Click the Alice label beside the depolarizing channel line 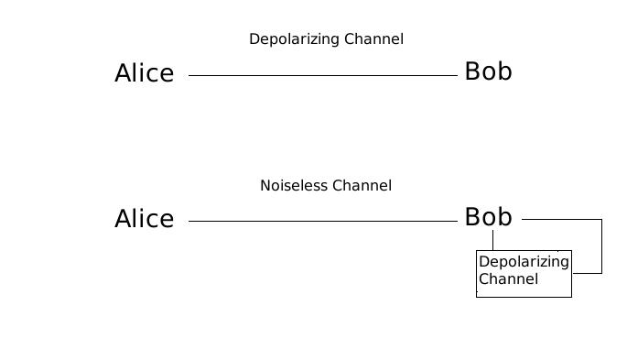pyautogui.click(x=144, y=73)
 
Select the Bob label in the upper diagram pyautogui.click(x=488, y=71)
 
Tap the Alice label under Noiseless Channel pyautogui.click(x=144, y=219)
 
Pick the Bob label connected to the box pyautogui.click(x=488, y=217)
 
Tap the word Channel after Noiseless pyautogui.click(x=362, y=186)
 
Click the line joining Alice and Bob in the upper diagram pyautogui.click(x=322, y=75)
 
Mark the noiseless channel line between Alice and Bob pyautogui.click(x=322, y=221)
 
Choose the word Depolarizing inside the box pyautogui.click(x=524, y=263)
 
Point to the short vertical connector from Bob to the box pyautogui.click(x=492, y=240)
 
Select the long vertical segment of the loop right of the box pyautogui.click(x=601, y=246)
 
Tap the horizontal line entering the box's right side pyautogui.click(x=587, y=273)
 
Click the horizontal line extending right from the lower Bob pyautogui.click(x=560, y=219)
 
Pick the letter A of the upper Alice pyautogui.click(x=124, y=73)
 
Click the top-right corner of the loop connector pyautogui.click(x=601, y=219)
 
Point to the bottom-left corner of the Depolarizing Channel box pyautogui.click(x=477, y=297)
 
